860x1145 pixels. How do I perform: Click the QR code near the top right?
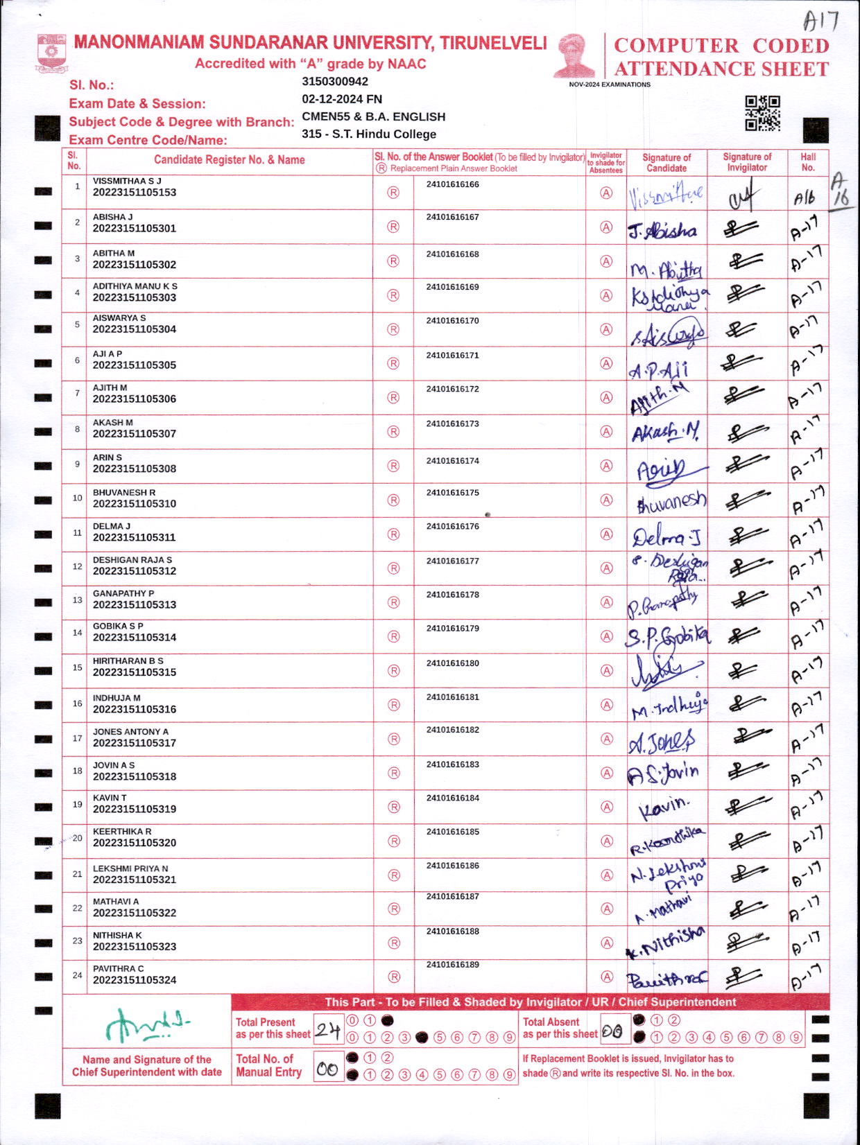[x=762, y=113]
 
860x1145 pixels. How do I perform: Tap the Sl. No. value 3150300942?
[x=335, y=82]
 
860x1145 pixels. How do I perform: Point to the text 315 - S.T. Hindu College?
[x=369, y=134]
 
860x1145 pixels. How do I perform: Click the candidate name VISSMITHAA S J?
[x=127, y=181]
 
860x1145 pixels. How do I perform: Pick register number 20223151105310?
[x=135, y=504]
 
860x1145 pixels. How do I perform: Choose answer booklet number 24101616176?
[x=452, y=527]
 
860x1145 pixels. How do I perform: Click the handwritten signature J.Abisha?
[x=662, y=231]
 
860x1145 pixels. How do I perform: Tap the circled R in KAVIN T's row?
[x=394, y=807]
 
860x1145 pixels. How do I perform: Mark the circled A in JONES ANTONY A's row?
[x=607, y=739]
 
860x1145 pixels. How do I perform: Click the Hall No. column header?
[x=808, y=162]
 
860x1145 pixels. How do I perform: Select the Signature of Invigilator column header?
[x=746, y=162]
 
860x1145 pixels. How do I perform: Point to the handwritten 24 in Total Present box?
[x=327, y=1031]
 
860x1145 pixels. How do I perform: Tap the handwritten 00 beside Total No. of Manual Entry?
[x=327, y=1069]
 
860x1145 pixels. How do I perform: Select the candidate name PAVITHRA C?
[x=119, y=969]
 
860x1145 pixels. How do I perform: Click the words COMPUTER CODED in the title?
[x=721, y=46]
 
